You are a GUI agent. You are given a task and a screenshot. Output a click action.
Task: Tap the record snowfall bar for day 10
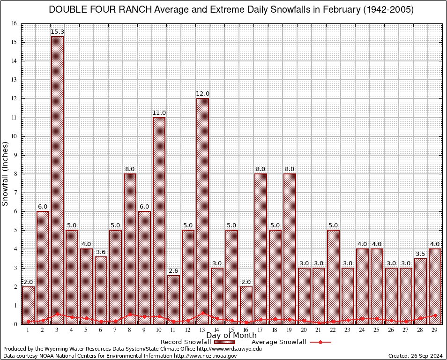159,220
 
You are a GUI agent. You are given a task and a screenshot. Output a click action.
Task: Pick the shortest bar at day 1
28,305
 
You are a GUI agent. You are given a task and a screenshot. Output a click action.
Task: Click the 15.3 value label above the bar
57,32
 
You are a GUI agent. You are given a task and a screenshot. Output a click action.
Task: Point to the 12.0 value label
202,94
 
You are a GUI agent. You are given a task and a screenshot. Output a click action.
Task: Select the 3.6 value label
101,252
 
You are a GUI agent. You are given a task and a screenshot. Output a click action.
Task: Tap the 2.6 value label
173,271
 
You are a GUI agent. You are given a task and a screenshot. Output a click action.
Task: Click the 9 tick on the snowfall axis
15,155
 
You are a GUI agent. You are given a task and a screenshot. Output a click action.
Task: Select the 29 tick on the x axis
435,330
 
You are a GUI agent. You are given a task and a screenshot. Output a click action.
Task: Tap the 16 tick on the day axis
246,330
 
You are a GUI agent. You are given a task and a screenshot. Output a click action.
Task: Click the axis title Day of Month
231,336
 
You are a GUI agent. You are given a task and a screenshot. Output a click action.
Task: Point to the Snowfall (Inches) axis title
6,174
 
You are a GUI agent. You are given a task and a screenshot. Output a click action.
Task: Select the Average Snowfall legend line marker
320,342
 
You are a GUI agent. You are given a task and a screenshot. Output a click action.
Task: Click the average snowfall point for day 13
202,313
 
